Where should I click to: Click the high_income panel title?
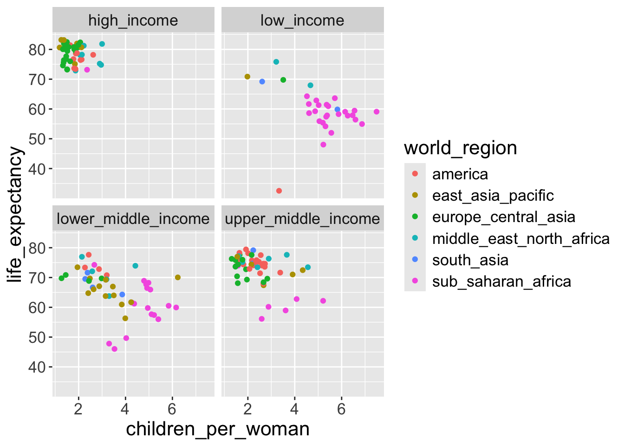(133, 20)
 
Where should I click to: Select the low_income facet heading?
(302, 20)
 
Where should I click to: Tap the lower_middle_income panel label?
(133, 219)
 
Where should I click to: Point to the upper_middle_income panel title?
(302, 219)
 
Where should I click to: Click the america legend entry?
(460, 174)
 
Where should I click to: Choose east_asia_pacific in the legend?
(493, 196)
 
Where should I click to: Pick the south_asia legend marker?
(415, 260)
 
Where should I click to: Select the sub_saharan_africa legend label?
(501, 282)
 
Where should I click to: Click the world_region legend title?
(461, 148)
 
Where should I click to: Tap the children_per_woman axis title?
(218, 429)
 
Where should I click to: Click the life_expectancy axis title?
(15, 215)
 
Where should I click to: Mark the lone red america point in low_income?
(279, 191)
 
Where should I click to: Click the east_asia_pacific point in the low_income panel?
(247, 77)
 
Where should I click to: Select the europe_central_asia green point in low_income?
(283, 80)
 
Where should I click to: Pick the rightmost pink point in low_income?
(377, 111)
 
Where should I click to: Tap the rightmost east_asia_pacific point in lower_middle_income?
(178, 277)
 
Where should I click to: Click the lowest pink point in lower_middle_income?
(115, 349)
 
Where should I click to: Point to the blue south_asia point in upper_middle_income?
(253, 250)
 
